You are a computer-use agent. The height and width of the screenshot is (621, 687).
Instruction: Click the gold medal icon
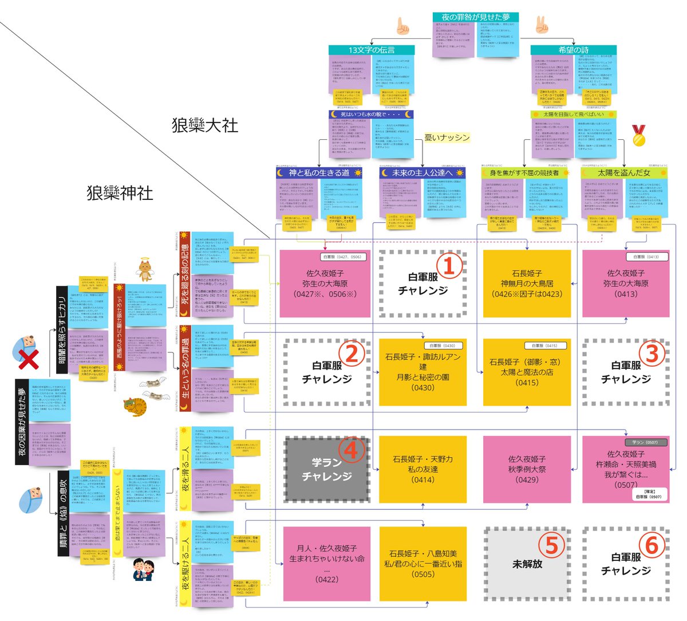(639, 136)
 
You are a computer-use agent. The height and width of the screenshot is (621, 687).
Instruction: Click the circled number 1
(450, 265)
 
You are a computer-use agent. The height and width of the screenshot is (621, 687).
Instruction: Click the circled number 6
(652, 545)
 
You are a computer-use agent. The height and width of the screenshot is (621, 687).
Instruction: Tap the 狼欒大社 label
(204, 125)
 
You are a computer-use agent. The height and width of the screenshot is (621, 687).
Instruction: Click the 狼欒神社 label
(120, 193)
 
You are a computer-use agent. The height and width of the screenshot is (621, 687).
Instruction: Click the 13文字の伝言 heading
(372, 50)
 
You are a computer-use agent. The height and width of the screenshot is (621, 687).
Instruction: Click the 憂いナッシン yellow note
(447, 137)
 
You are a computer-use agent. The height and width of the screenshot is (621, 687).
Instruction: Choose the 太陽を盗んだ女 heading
(624, 172)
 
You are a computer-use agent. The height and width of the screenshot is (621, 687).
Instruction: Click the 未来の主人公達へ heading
(422, 172)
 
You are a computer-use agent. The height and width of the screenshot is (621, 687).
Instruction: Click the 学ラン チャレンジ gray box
(327, 470)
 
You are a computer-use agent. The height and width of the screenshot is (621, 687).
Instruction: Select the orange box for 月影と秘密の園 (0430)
(423, 372)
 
